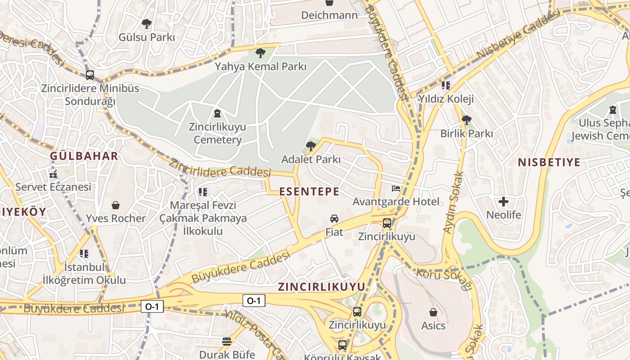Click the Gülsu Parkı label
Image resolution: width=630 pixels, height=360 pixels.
point(146,37)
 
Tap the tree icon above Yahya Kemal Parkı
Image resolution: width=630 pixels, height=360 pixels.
point(260,53)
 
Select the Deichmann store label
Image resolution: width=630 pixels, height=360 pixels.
point(329,15)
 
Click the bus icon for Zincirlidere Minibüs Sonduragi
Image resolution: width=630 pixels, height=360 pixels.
point(90,75)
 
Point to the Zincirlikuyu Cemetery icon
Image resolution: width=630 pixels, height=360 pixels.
point(217,113)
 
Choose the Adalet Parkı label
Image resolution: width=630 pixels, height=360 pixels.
point(310,159)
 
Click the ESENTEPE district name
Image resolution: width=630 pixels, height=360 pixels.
point(309,192)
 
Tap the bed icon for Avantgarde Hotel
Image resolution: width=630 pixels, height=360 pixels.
point(396,188)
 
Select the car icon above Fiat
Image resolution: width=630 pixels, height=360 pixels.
point(334,219)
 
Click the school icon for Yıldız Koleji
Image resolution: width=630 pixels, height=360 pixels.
point(445,85)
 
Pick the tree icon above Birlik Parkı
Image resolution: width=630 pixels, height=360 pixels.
point(467,120)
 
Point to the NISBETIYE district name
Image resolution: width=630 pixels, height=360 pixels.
point(549,162)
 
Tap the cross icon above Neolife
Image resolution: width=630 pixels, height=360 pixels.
point(504,202)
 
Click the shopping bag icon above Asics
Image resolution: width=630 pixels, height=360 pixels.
point(433,312)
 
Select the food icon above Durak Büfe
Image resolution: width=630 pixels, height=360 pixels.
point(227,342)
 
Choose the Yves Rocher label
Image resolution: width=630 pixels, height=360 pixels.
point(116,219)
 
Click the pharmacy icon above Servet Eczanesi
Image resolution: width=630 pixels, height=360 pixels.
point(53,175)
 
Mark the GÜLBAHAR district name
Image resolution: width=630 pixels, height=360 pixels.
point(84,156)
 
